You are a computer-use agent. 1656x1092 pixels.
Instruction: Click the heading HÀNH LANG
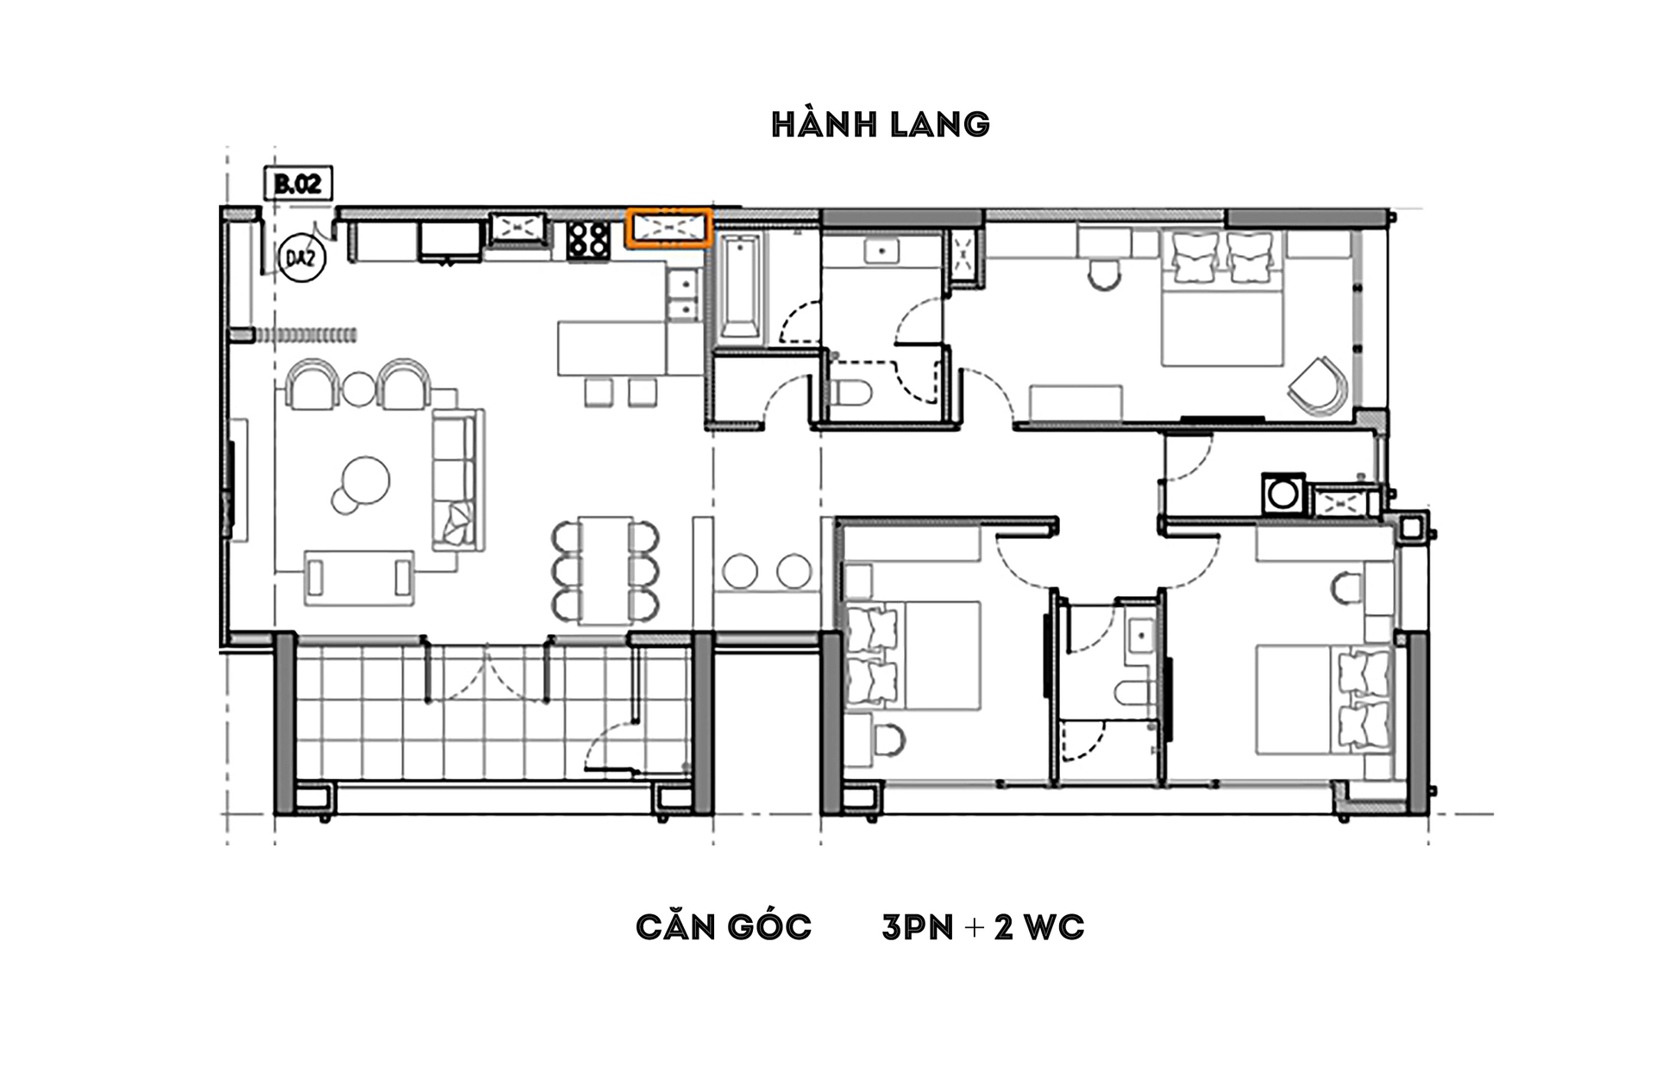[881, 123]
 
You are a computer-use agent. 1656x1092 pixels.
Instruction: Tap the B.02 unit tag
[298, 183]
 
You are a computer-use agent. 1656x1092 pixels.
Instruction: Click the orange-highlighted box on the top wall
[668, 229]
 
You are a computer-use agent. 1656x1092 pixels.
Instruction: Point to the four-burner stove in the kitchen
[588, 240]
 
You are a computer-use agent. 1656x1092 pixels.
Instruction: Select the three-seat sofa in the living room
[457, 480]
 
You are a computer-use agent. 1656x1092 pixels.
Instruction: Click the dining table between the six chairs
[605, 569]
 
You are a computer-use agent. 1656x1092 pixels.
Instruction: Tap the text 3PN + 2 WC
[982, 927]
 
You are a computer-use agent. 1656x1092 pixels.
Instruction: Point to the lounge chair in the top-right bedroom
[1317, 386]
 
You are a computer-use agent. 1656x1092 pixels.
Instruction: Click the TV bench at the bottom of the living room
[360, 577]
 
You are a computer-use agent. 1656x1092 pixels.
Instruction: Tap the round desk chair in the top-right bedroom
[1104, 274]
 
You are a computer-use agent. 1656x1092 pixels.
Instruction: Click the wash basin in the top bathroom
[882, 251]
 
